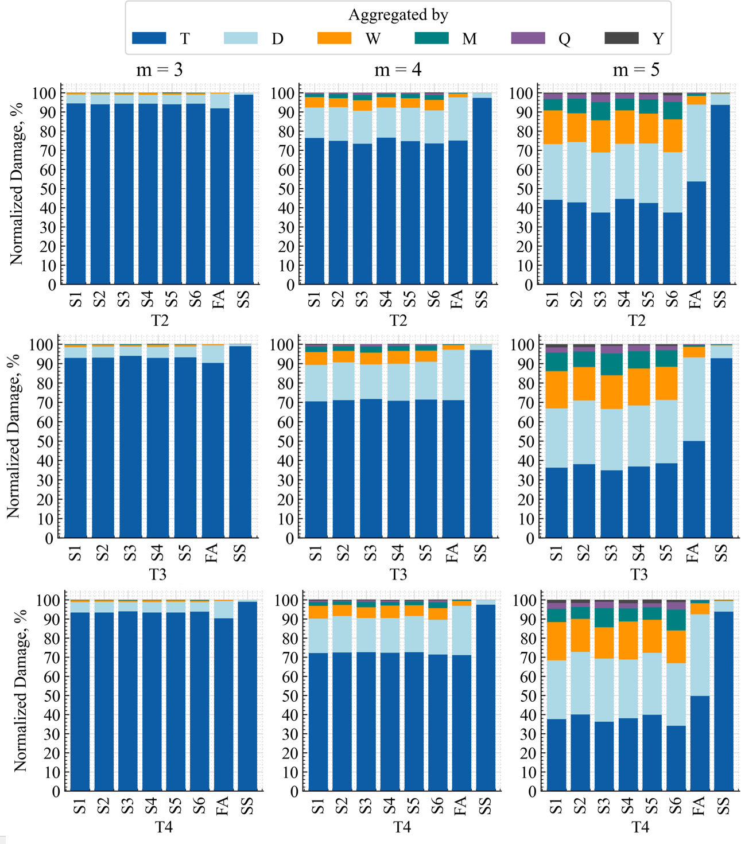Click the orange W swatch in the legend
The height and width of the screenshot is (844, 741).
click(334, 38)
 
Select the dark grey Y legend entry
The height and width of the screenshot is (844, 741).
click(622, 38)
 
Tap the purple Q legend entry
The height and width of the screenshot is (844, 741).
click(527, 38)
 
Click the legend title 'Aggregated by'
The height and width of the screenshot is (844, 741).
click(398, 15)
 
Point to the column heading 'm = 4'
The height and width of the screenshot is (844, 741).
click(398, 70)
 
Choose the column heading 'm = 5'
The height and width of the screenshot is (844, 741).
click(636, 70)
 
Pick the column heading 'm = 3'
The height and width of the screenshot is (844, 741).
click(160, 70)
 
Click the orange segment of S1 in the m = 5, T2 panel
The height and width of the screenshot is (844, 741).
click(553, 127)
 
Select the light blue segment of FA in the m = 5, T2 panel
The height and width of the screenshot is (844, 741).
click(696, 143)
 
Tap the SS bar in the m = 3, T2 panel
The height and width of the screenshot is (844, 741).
click(243, 189)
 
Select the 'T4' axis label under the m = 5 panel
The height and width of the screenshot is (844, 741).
click(640, 827)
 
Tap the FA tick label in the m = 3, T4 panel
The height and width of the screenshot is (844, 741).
click(223, 806)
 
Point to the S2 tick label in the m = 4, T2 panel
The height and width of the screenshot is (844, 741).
click(338, 299)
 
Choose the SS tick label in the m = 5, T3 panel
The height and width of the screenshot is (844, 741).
click(721, 553)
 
